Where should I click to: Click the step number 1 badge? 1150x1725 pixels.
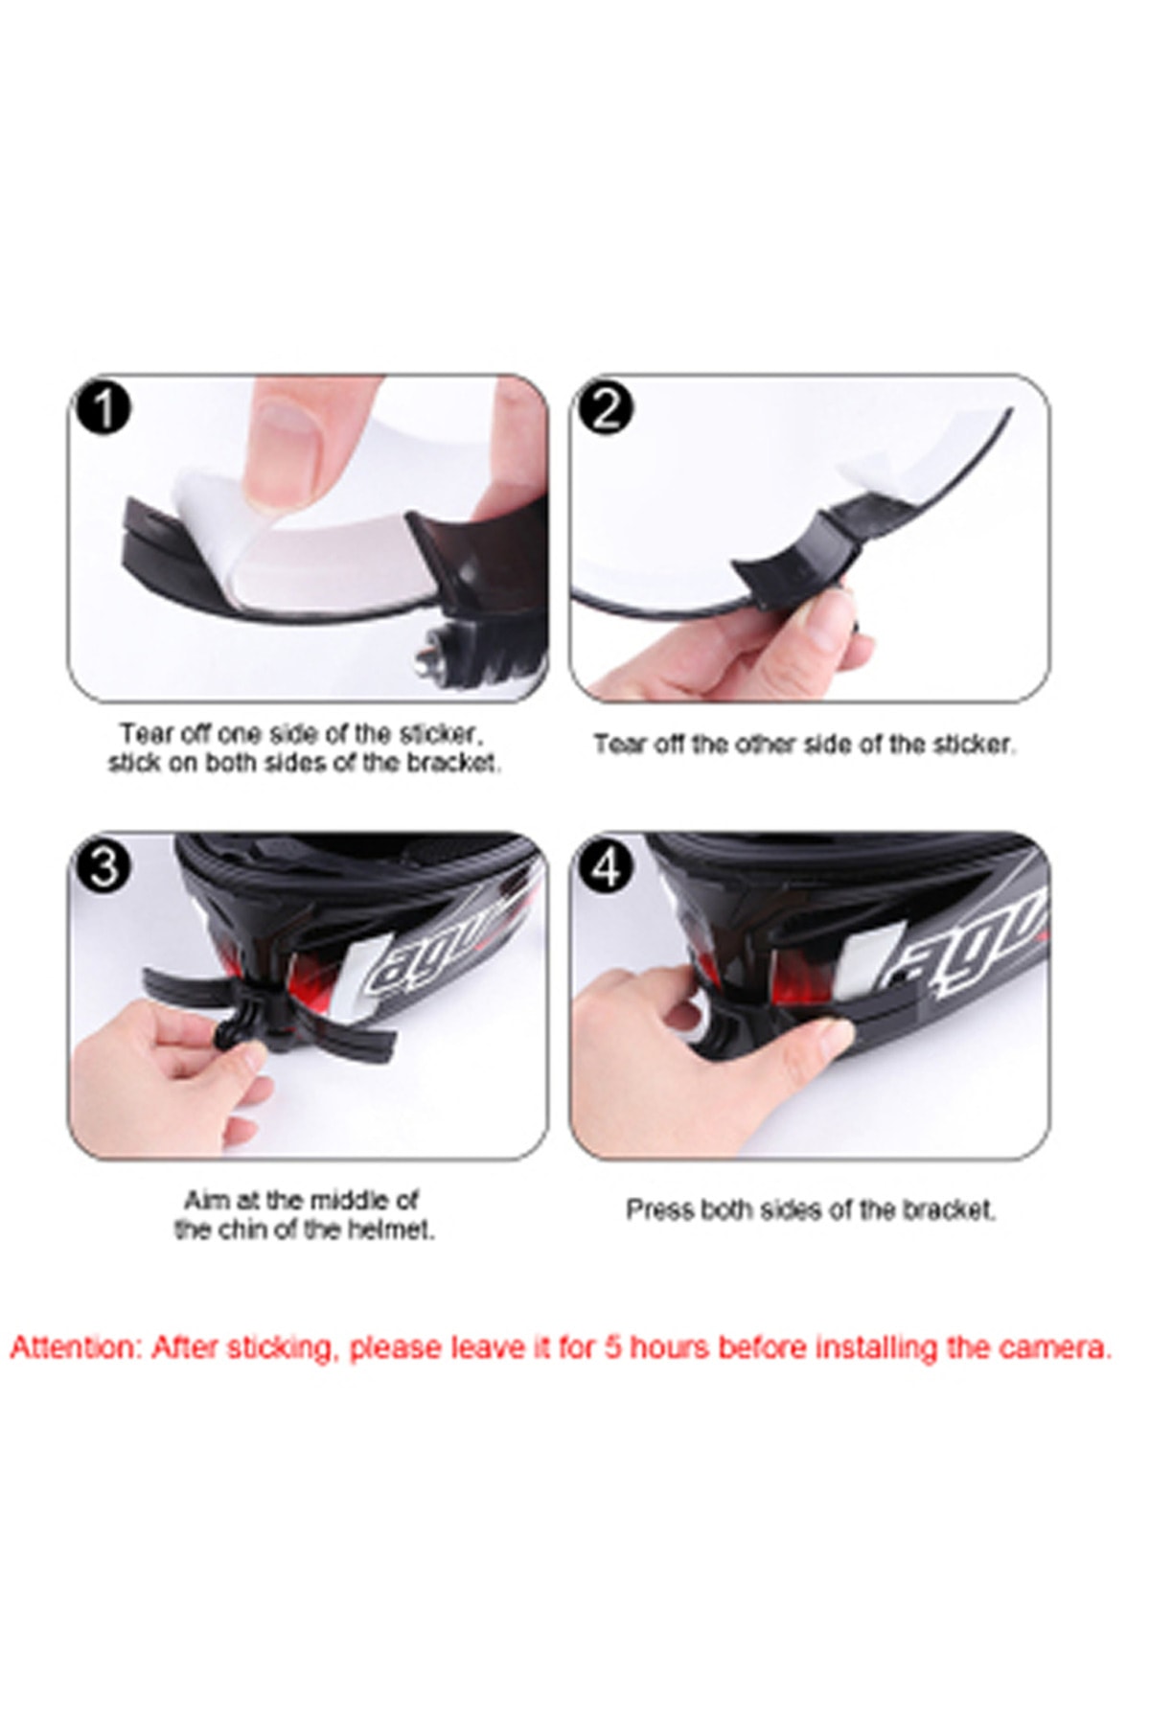103,409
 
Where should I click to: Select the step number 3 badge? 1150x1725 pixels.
103,865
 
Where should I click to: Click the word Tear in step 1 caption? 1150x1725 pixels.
142,734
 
